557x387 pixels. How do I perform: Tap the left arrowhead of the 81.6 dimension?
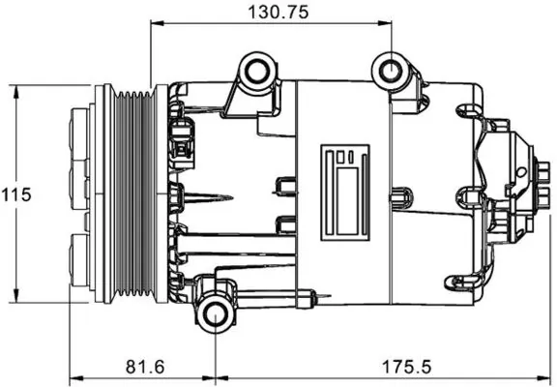[74, 376]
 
